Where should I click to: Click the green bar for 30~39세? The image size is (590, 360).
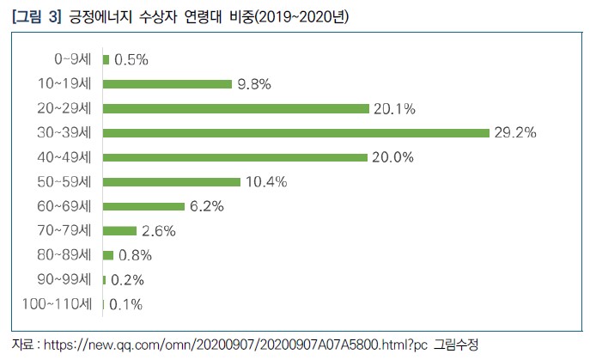click(295, 133)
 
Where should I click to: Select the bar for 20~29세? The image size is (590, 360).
click(235, 108)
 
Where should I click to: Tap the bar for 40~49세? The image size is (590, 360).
click(234, 157)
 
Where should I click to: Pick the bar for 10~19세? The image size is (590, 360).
click(167, 84)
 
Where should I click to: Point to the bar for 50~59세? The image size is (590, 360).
click(171, 182)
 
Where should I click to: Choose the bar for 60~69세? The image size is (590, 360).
click(143, 206)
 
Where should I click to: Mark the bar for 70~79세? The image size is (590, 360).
click(119, 230)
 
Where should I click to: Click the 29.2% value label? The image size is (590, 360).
click(514, 133)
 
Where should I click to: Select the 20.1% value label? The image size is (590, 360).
click(395, 108)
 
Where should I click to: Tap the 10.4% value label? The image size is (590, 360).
click(266, 182)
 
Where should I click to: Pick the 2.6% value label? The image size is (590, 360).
click(159, 230)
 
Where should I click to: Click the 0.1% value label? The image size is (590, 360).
click(125, 304)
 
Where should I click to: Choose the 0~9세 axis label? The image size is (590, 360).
click(75, 59)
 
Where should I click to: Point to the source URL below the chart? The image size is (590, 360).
click(232, 345)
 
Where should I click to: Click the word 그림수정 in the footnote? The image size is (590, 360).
click(458, 345)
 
